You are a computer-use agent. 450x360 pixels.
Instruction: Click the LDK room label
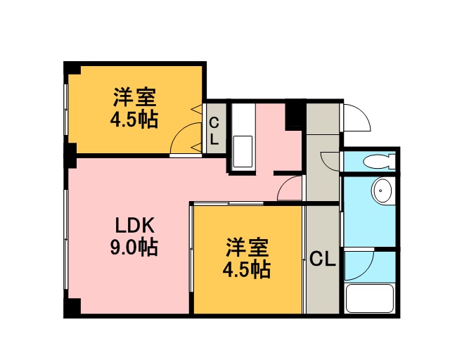(x=134, y=225)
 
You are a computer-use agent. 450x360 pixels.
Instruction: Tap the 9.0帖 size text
(x=134, y=247)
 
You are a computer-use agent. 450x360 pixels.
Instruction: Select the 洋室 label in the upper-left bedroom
(x=134, y=97)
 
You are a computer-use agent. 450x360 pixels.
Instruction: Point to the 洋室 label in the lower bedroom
(x=247, y=247)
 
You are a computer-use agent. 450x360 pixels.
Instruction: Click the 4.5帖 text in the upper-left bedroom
(x=134, y=120)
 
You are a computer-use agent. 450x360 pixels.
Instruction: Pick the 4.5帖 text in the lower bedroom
(x=247, y=269)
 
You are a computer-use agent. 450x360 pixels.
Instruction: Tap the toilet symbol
(x=379, y=162)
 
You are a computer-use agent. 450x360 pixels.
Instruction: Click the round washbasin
(x=381, y=191)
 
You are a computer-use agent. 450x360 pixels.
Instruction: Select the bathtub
(x=369, y=298)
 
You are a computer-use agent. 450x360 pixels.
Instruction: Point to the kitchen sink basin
(x=243, y=152)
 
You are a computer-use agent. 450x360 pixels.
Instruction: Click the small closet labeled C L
(x=214, y=128)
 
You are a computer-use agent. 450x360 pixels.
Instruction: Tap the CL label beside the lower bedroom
(x=323, y=259)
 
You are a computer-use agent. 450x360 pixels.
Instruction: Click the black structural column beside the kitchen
(x=295, y=115)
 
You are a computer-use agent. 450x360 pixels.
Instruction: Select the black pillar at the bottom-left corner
(x=72, y=307)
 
